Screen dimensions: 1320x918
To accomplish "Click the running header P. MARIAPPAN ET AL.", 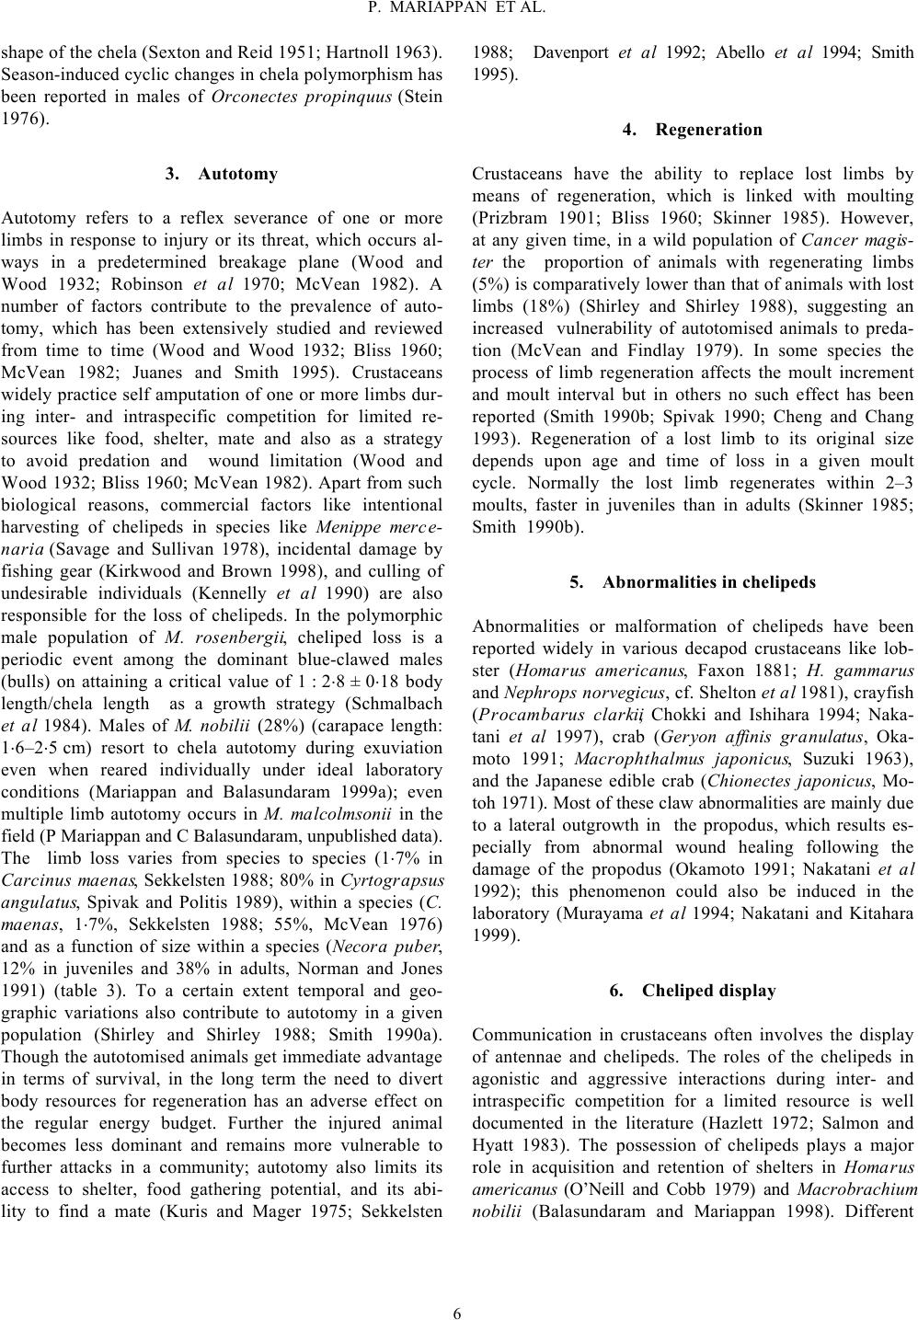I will pyautogui.click(x=458, y=9).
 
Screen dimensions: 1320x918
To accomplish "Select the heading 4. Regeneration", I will pyautogui.click(x=692, y=130).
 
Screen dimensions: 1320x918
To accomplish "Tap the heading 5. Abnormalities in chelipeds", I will pyautogui.click(x=692, y=582).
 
